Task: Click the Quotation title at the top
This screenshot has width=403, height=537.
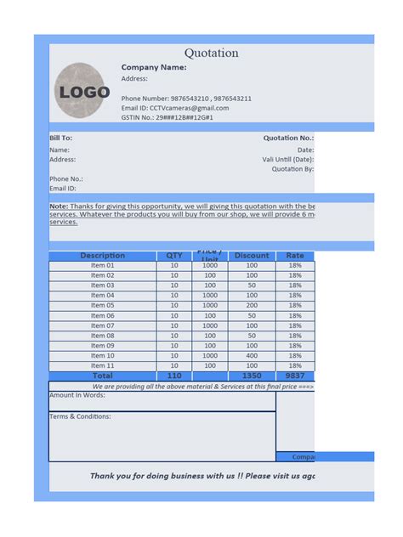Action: [212, 54]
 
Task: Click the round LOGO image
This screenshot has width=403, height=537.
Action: [82, 90]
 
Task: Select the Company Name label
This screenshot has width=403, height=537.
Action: [154, 67]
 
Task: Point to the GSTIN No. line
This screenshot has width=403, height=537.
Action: [167, 117]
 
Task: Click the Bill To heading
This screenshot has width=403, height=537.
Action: [60, 137]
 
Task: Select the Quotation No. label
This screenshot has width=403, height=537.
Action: [288, 137]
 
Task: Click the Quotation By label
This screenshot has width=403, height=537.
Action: [292, 168]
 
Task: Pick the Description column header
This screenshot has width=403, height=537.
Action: [102, 256]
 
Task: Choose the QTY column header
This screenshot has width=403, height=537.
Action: [174, 256]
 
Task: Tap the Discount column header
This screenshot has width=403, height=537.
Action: [252, 256]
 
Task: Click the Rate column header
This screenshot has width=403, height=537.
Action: [295, 256]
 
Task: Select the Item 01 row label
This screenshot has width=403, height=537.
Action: [102, 266]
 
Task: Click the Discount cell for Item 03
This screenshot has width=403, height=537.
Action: [252, 285]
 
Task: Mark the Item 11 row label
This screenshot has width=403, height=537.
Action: [102, 366]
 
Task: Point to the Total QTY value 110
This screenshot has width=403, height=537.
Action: [174, 376]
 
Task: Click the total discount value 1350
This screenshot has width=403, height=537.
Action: [252, 376]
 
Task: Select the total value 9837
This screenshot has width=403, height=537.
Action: [295, 376]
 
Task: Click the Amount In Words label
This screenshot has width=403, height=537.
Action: [77, 395]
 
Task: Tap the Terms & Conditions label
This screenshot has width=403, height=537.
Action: [80, 416]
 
